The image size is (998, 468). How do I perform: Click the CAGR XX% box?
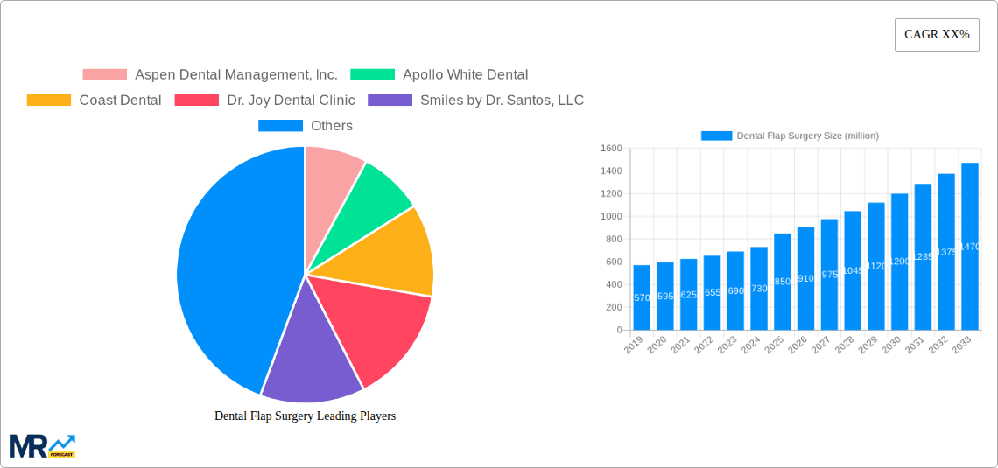click(x=937, y=35)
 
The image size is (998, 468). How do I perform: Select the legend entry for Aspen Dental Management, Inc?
click(x=210, y=75)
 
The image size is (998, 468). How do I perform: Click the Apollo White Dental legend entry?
click(x=439, y=75)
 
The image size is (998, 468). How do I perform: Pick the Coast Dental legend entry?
click(x=95, y=101)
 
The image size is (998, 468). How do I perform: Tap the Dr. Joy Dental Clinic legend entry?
click(x=265, y=101)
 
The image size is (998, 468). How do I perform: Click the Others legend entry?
click(x=306, y=126)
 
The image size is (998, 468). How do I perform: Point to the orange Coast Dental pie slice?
click(x=394, y=254)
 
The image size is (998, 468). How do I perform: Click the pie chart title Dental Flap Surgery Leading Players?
click(x=305, y=416)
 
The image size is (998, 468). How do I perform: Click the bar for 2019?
click(x=642, y=297)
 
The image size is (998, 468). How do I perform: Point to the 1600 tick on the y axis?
click(x=611, y=149)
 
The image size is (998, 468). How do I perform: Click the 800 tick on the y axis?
click(x=611, y=240)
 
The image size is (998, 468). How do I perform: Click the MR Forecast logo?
click(x=42, y=446)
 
